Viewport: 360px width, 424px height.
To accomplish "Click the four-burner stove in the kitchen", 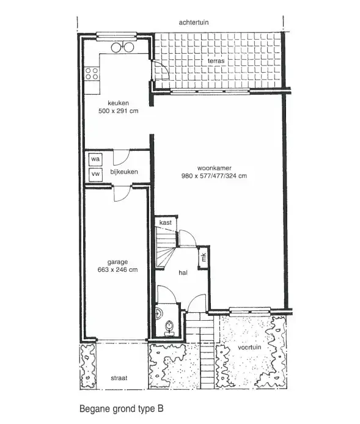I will click(x=92, y=75).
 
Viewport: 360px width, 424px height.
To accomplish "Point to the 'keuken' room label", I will click(x=117, y=103).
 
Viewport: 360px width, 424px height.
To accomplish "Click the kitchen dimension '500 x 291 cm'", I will click(x=118, y=112).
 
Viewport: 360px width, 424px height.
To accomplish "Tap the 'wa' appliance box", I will click(x=95, y=159).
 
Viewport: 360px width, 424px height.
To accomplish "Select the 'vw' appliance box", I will click(x=95, y=174).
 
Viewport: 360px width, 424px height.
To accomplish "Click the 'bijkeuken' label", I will click(x=123, y=172).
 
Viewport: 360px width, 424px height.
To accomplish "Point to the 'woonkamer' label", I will click(x=213, y=168).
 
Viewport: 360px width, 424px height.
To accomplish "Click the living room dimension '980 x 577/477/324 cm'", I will click(x=214, y=177).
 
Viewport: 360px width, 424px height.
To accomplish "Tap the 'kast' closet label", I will click(x=165, y=224).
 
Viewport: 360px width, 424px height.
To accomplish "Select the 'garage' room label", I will click(x=117, y=261).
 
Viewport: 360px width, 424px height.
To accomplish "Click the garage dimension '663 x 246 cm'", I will click(x=117, y=270).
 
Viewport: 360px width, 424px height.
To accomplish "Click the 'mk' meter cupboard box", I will click(x=204, y=257).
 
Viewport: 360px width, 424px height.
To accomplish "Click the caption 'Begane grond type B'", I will click(x=122, y=408).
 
